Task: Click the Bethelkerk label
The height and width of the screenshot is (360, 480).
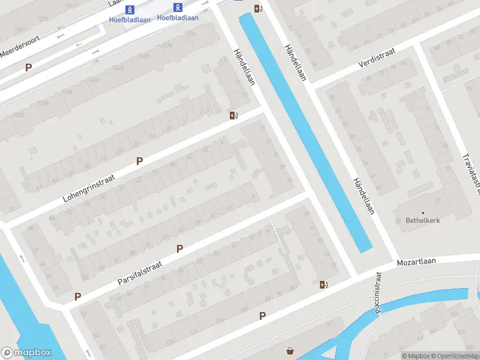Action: (x=422, y=221)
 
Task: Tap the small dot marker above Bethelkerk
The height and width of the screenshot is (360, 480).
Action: (x=422, y=212)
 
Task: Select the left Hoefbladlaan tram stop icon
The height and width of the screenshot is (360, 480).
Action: (x=130, y=9)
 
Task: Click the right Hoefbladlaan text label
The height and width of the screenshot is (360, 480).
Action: (x=178, y=17)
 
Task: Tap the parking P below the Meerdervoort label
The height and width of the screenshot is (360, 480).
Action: (x=28, y=68)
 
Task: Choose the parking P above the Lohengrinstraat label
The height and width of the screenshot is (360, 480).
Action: (x=140, y=161)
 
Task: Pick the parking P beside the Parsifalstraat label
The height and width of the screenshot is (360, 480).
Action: (x=179, y=248)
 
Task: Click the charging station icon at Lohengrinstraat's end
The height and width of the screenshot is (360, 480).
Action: (x=234, y=115)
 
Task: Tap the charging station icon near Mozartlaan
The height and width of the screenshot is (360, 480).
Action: (x=324, y=285)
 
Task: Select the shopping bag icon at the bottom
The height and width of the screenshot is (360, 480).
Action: (x=291, y=351)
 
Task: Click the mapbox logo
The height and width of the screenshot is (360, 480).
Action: (x=26, y=353)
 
